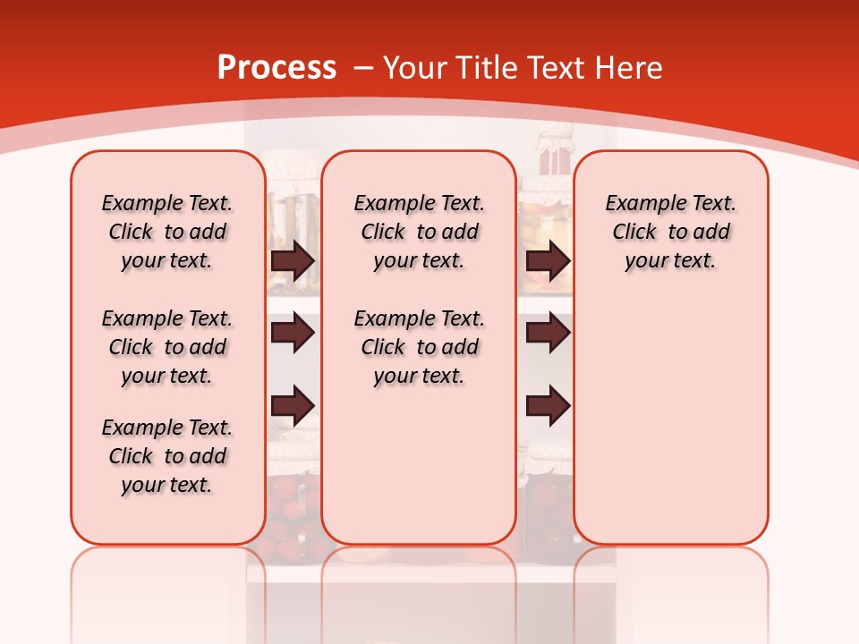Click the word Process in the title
coord(276,68)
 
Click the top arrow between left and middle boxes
coord(293,261)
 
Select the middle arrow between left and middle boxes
coord(293,334)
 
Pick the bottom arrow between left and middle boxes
coord(293,406)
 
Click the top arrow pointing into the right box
coord(548,261)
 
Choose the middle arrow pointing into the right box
coord(548,334)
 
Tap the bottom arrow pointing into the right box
coord(548,406)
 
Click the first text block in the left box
coord(167,233)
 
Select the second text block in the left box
coord(167,347)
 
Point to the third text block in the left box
coord(167,456)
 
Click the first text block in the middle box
coord(419,233)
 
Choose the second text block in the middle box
coord(419,347)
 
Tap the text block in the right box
coord(670,233)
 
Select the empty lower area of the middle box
coord(419,465)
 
